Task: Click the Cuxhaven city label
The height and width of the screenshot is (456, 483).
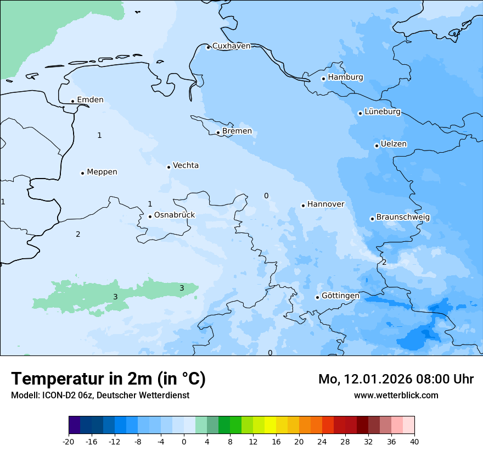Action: point(231,46)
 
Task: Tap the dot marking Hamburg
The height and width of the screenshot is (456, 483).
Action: point(324,79)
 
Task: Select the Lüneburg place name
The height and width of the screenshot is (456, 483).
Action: point(382,112)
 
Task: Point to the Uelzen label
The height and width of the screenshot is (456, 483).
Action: point(394,144)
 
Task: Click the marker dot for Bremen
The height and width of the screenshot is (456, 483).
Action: point(218,132)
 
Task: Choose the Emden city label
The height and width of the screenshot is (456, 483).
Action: point(90,100)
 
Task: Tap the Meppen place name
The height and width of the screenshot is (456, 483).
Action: point(102,172)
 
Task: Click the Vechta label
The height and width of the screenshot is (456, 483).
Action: point(186,165)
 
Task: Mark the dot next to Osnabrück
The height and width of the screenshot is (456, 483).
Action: point(150,216)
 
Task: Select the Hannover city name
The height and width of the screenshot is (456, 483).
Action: point(325,204)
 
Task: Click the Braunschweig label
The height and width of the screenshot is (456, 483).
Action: point(403,218)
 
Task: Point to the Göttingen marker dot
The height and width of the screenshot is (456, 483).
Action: point(317,297)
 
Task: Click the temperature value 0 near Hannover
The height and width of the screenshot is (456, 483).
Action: point(266,196)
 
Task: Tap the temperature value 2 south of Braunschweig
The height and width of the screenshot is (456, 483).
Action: point(384,263)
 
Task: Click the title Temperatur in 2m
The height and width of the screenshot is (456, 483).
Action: point(108,379)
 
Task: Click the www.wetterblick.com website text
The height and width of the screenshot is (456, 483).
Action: point(396,396)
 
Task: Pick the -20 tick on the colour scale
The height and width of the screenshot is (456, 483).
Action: point(69,442)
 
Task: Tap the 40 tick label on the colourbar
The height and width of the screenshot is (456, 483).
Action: point(414,442)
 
